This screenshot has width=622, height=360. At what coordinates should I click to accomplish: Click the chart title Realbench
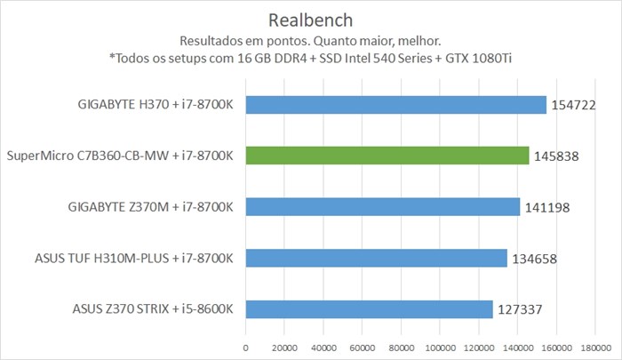tap(310, 20)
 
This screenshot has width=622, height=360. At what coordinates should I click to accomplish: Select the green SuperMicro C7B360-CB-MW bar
tap(387, 156)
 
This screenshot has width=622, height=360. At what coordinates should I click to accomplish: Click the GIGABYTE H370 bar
tap(395, 105)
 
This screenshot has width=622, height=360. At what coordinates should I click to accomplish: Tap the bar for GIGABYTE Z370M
tap(382, 207)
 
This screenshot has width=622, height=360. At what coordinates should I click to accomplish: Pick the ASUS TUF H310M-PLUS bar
tap(376, 258)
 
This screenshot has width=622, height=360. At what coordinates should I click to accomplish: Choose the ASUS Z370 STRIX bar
tap(369, 309)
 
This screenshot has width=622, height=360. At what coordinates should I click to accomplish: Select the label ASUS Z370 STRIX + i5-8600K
tap(153, 309)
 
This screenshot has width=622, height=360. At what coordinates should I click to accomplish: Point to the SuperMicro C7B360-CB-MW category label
tap(120, 156)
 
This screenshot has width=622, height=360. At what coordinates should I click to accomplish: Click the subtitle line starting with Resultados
tap(310, 41)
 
